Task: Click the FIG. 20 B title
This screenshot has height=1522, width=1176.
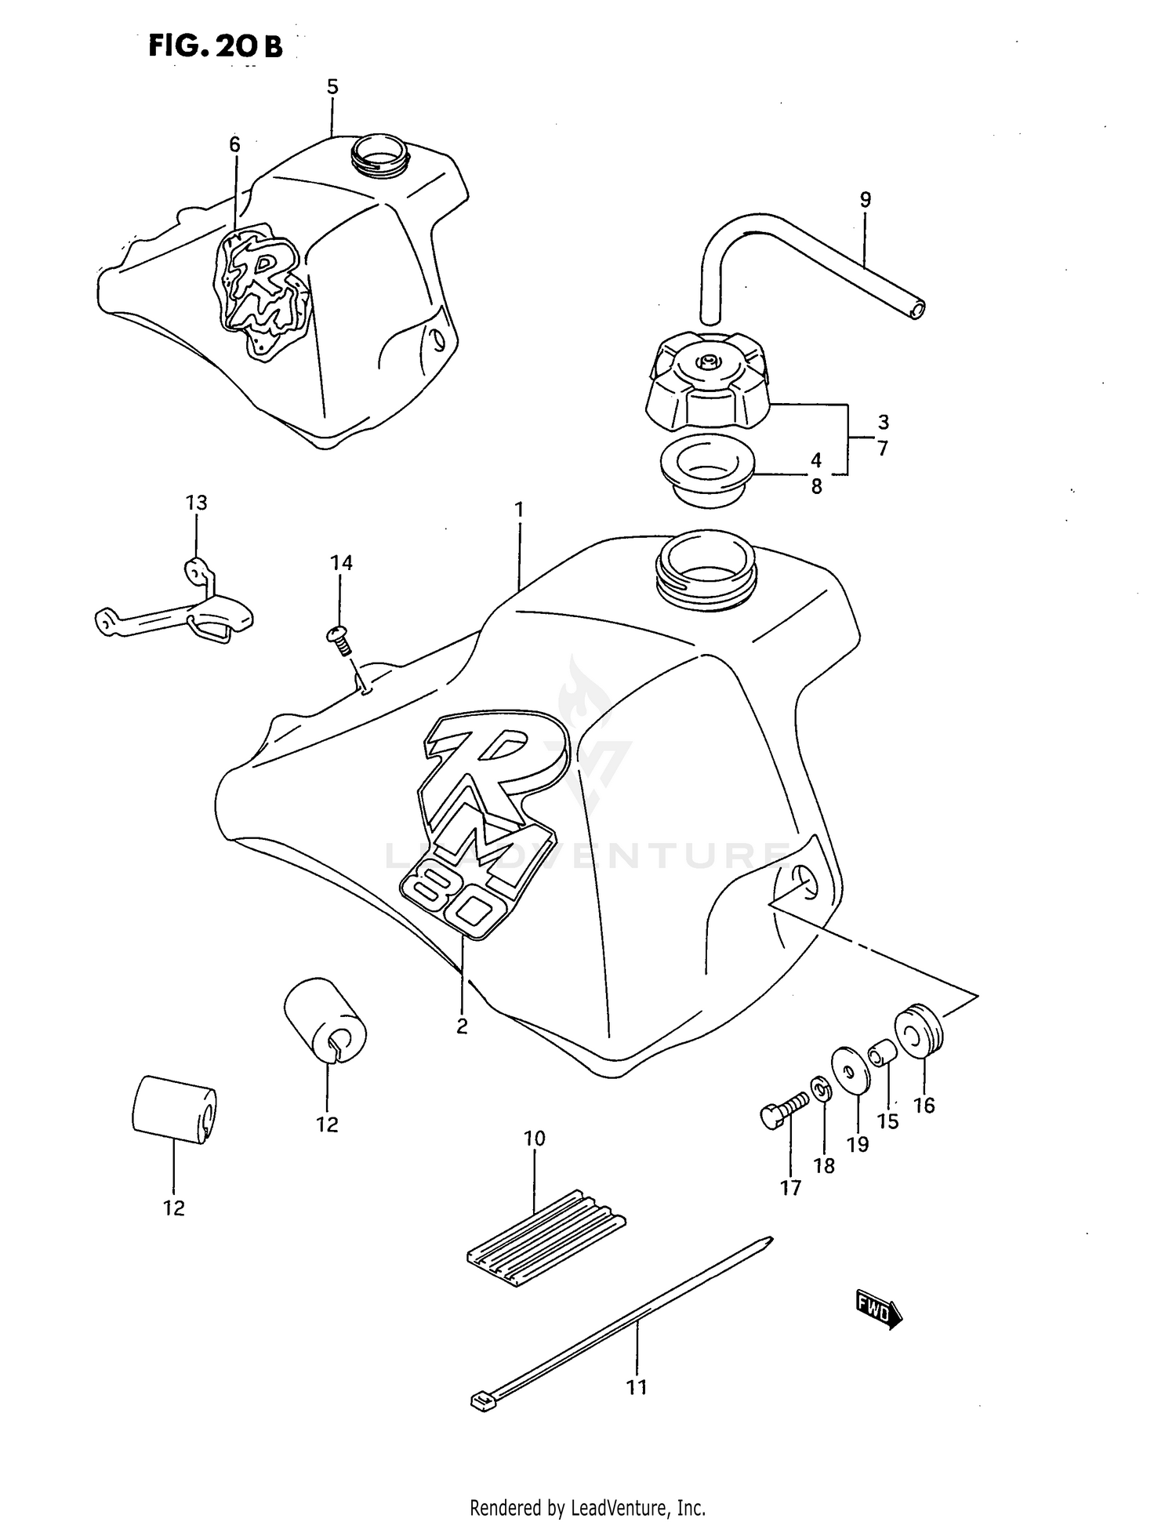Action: [216, 47]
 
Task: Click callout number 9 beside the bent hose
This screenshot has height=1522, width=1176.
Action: [865, 200]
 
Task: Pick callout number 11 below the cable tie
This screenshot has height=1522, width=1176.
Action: [636, 1387]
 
